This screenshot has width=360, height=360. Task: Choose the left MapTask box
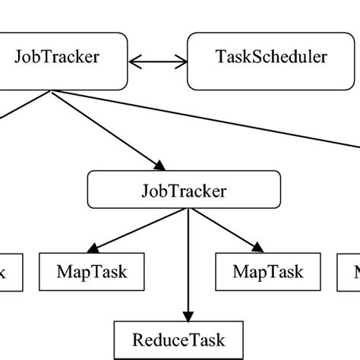(93, 272)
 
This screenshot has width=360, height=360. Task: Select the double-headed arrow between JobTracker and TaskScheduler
(158, 59)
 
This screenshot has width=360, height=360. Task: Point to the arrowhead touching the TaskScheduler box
(182, 59)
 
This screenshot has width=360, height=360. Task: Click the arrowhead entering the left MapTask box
(93, 248)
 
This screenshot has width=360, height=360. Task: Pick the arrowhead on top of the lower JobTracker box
(158, 165)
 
